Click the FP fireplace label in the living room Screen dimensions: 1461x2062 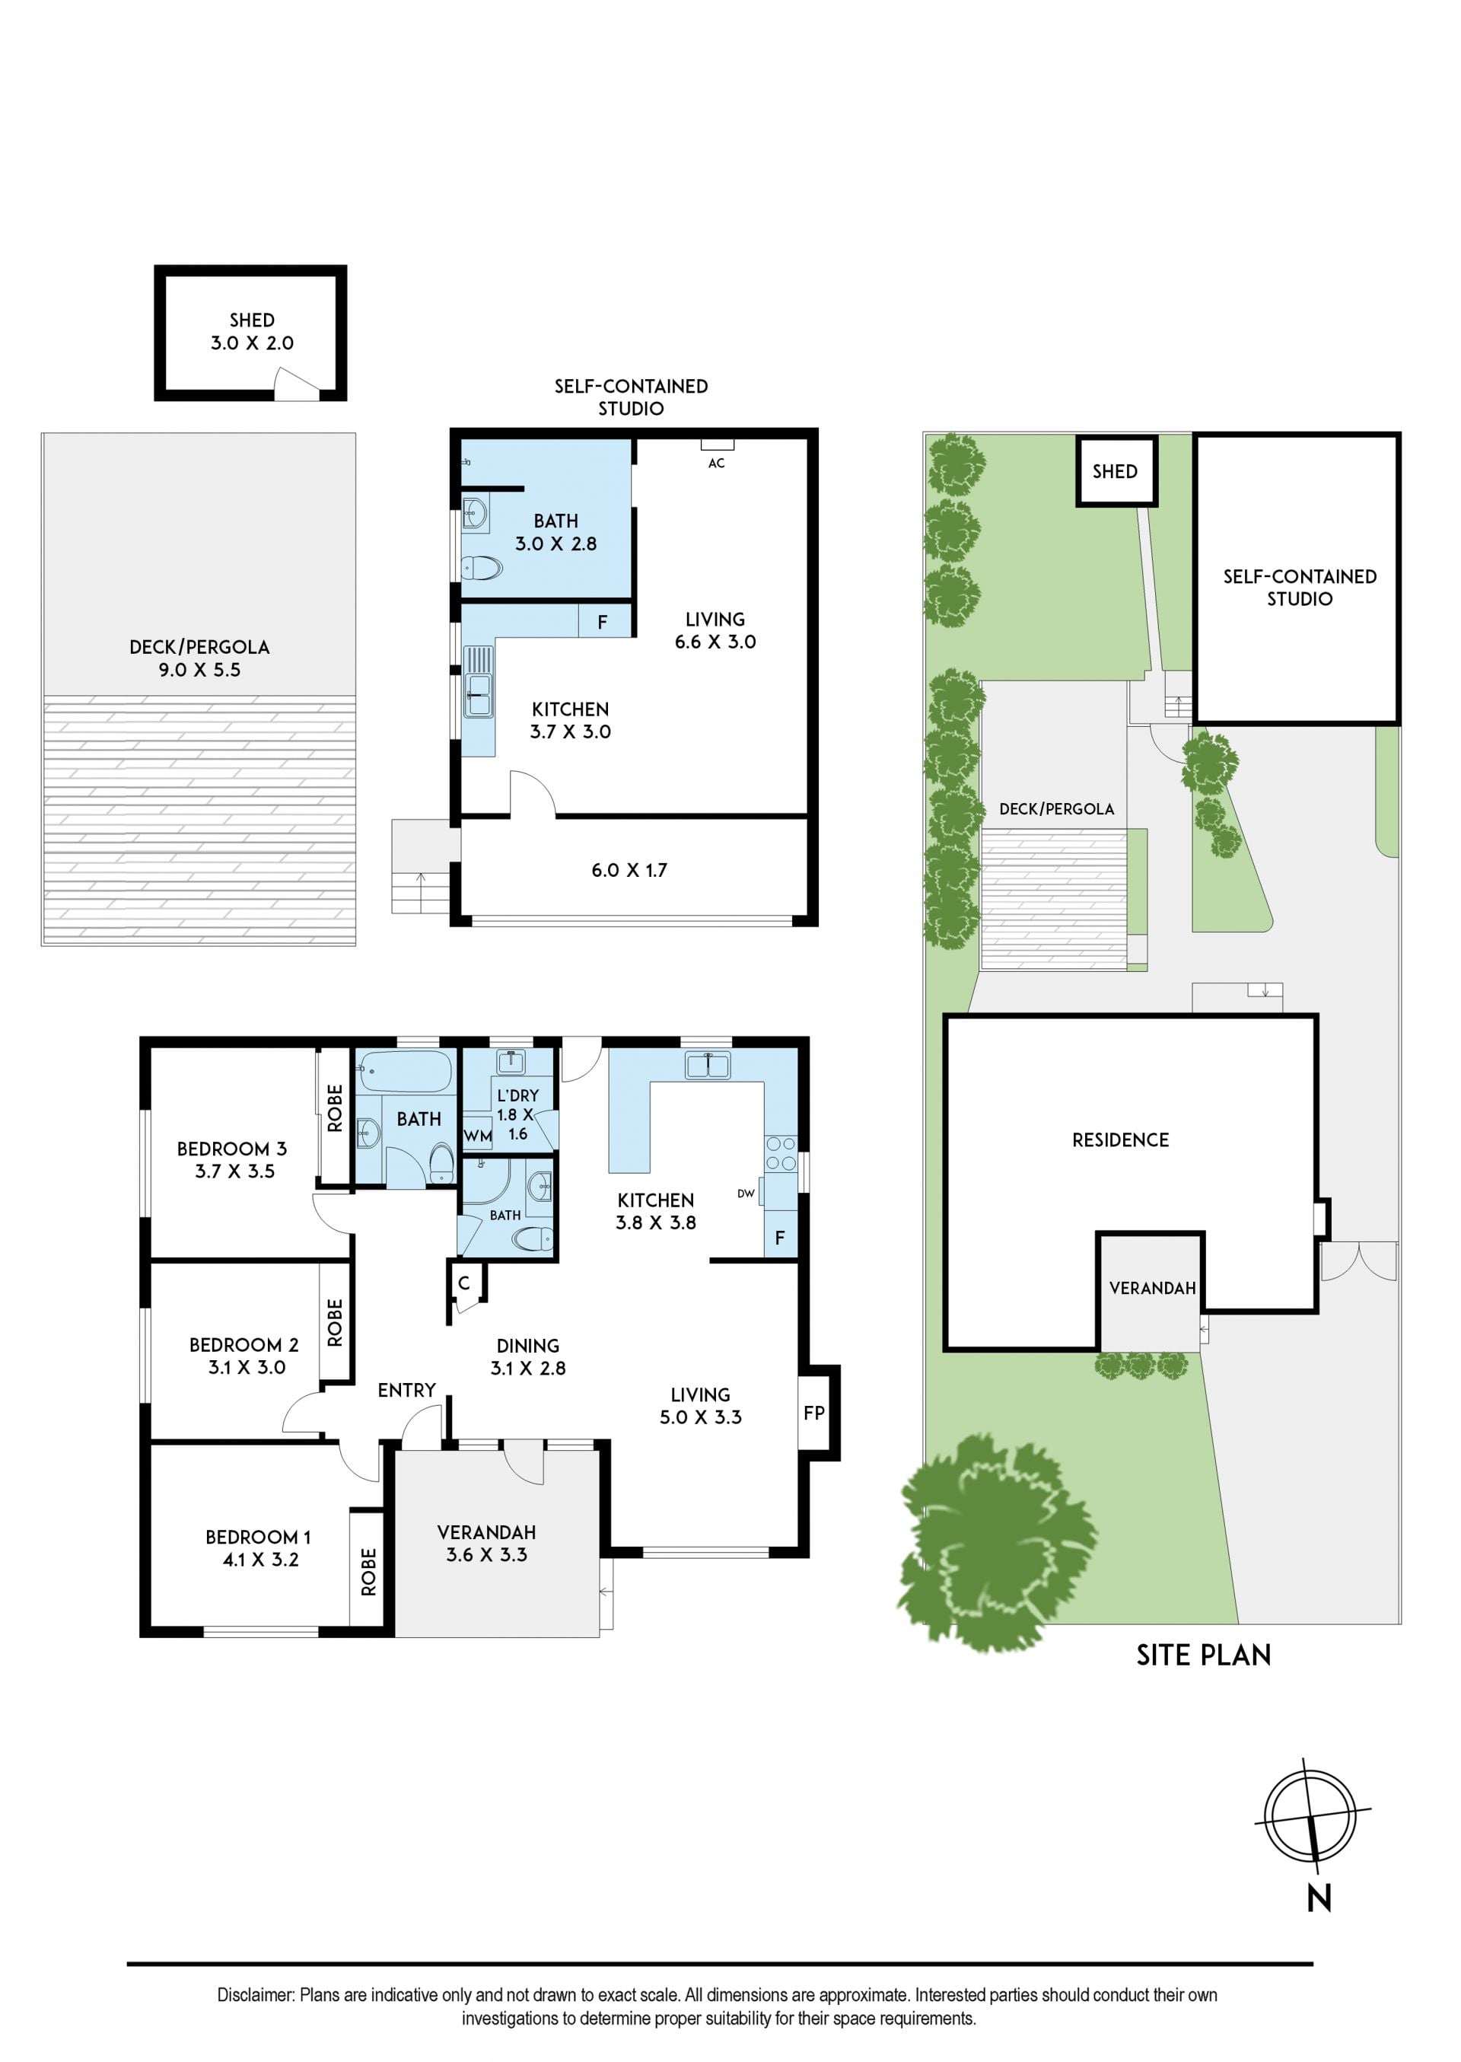coord(813,1413)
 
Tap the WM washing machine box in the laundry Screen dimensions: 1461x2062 coord(478,1136)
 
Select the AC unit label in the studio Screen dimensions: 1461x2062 coord(716,464)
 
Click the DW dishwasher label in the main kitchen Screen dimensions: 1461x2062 coord(746,1194)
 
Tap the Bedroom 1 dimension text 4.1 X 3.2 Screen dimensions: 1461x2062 coord(261,1560)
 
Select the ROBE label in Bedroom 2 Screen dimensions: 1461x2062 coord(335,1322)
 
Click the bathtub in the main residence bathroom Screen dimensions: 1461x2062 coord(404,1072)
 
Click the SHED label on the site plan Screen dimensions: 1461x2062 coord(1115,471)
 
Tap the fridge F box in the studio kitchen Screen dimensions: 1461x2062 coord(603,622)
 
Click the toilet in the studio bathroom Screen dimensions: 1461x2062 coord(482,568)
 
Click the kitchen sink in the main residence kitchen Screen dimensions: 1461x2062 coord(708,1065)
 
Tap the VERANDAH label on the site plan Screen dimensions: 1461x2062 coord(1152,1289)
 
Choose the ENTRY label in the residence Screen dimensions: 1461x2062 coord(406,1390)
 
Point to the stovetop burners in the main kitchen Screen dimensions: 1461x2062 coord(780,1153)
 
